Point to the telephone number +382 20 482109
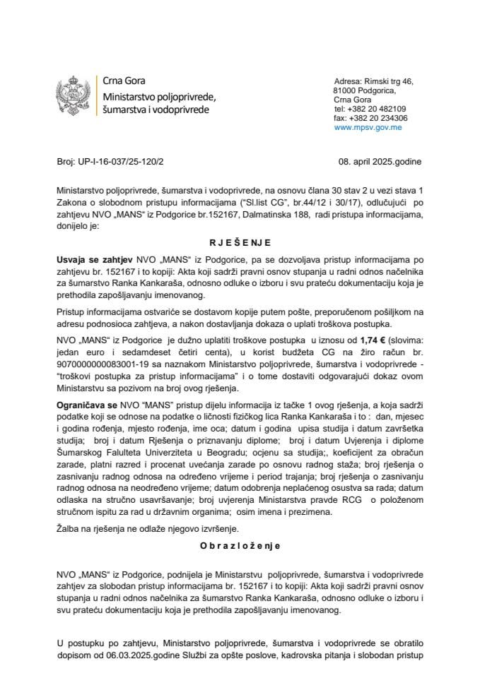tap(376, 109)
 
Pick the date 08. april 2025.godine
tap(380, 162)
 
